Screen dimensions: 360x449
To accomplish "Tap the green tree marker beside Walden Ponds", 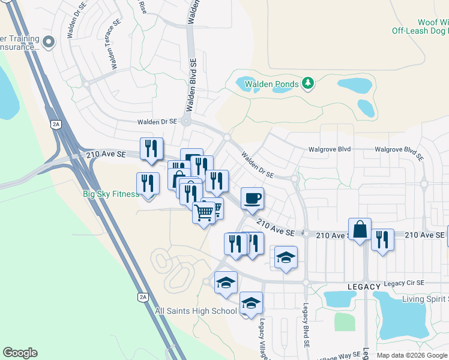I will (x=308, y=83).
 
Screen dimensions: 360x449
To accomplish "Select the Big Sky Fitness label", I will (x=111, y=194).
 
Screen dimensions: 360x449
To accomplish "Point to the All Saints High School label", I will (x=196, y=311).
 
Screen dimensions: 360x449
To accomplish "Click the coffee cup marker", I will (x=252, y=197).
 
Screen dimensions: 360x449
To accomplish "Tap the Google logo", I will (x=20, y=353).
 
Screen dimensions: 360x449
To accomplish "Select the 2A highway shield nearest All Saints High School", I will (x=143, y=297).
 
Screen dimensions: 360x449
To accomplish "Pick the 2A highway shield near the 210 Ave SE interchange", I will (x=56, y=124).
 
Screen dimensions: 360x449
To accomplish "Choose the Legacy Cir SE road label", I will (x=403, y=283).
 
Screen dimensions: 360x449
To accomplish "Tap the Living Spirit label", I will (x=426, y=299).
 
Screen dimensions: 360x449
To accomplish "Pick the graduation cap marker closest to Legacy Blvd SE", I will (x=286, y=257).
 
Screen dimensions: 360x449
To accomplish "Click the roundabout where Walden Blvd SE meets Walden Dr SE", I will (x=185, y=121).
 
